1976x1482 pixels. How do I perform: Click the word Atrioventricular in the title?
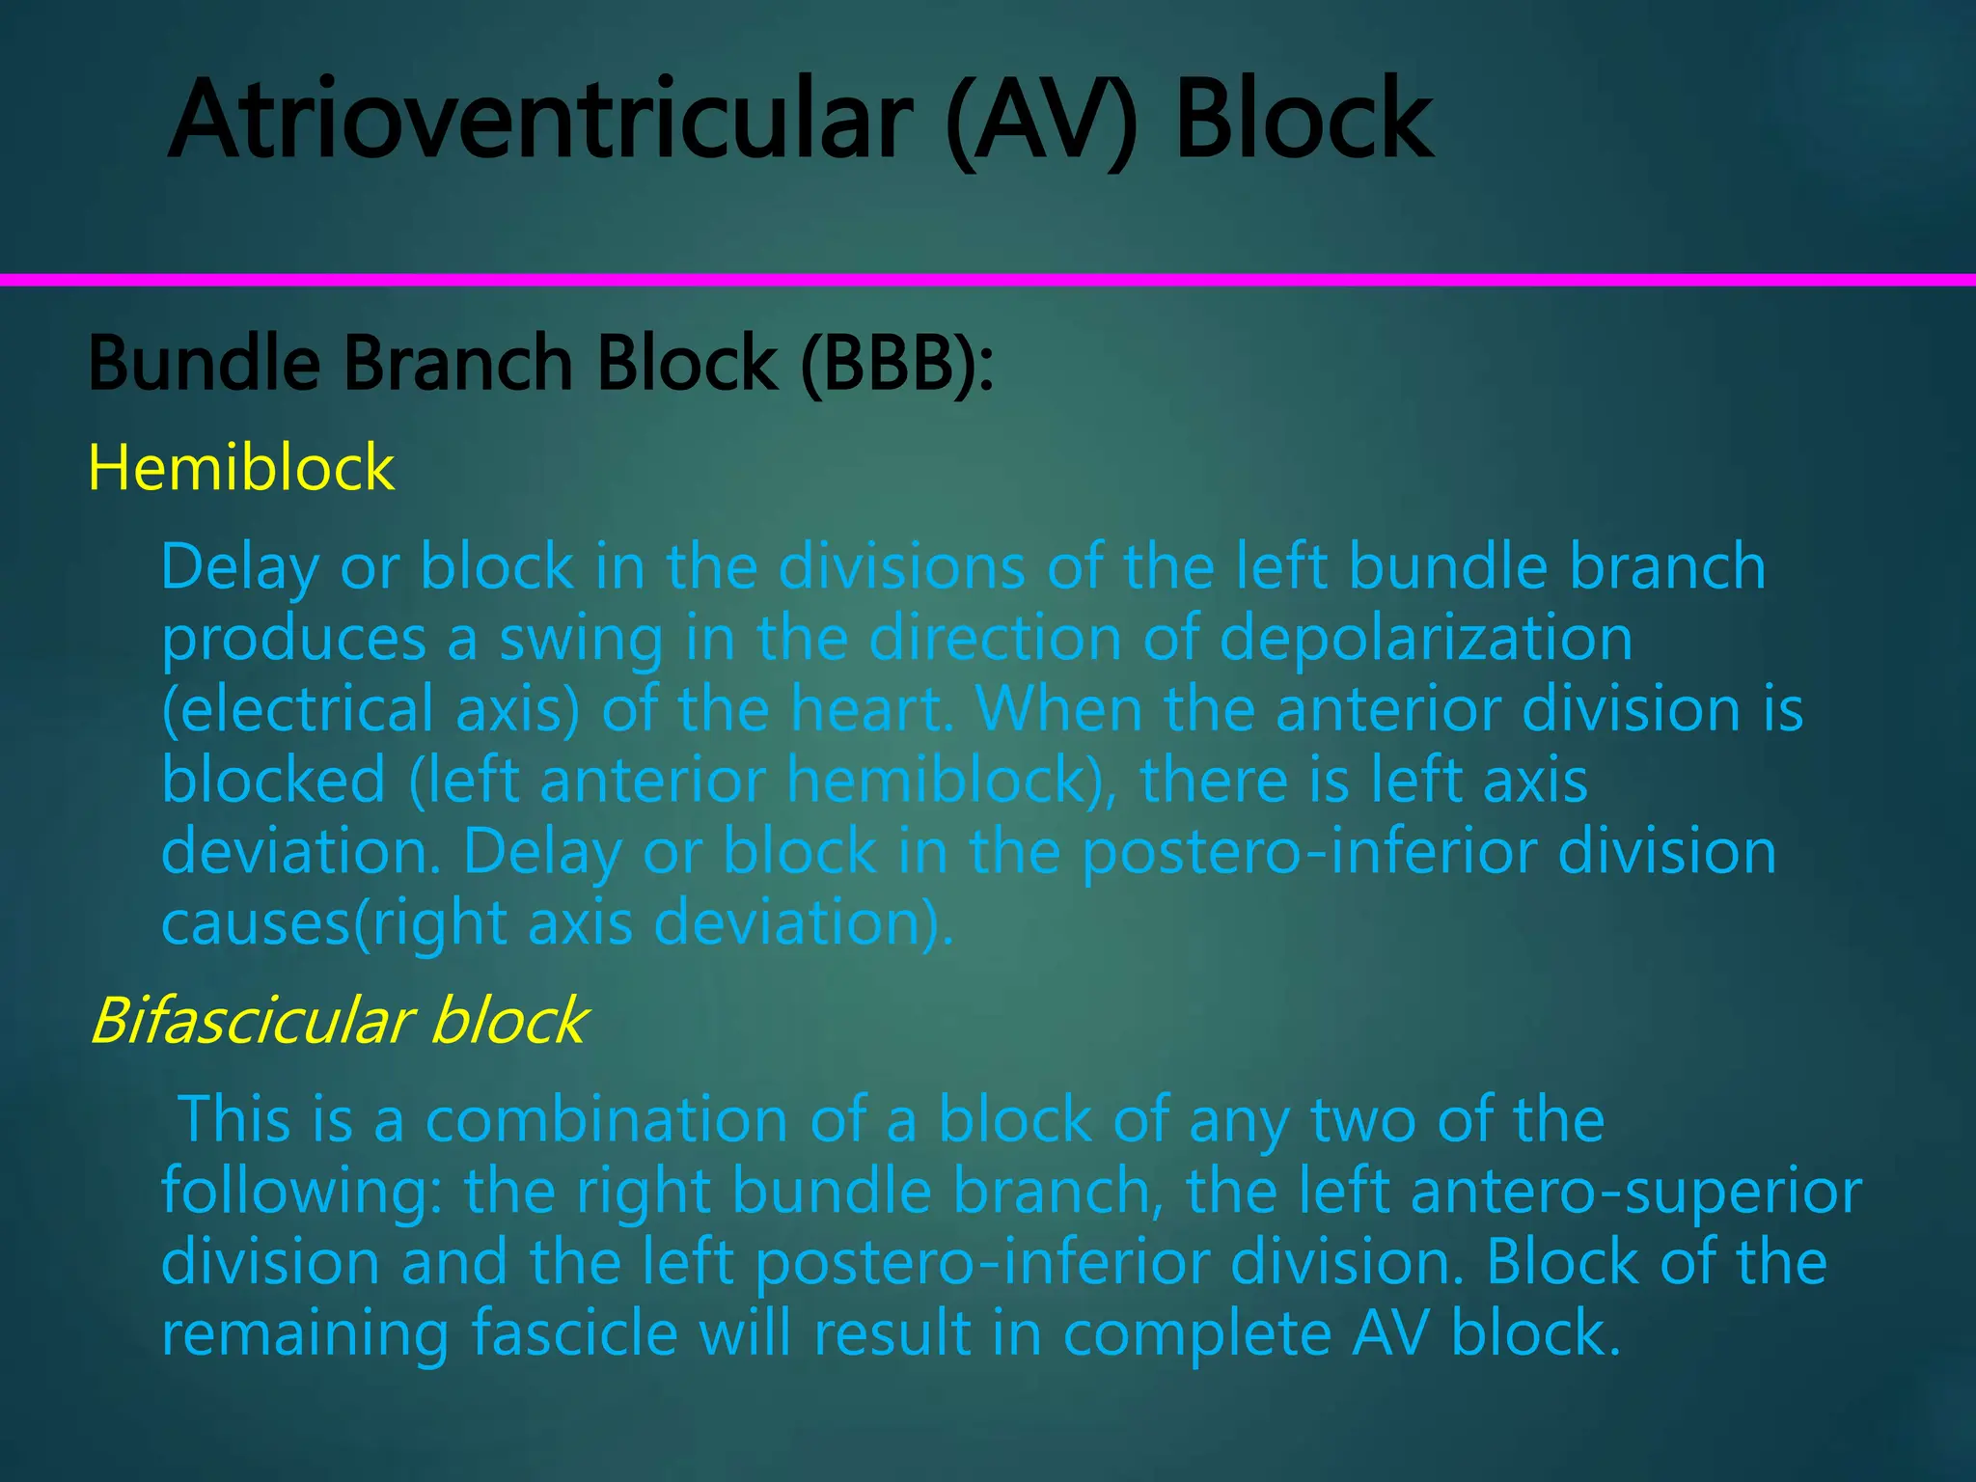click(x=540, y=120)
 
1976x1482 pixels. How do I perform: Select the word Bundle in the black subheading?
click(x=204, y=364)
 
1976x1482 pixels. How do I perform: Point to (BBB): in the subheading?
click(x=897, y=365)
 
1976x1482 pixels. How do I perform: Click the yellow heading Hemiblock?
click(x=241, y=468)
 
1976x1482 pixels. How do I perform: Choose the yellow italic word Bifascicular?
click(x=251, y=1021)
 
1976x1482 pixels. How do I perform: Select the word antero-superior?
click(x=1636, y=1192)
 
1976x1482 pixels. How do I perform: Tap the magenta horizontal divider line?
click(x=988, y=280)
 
